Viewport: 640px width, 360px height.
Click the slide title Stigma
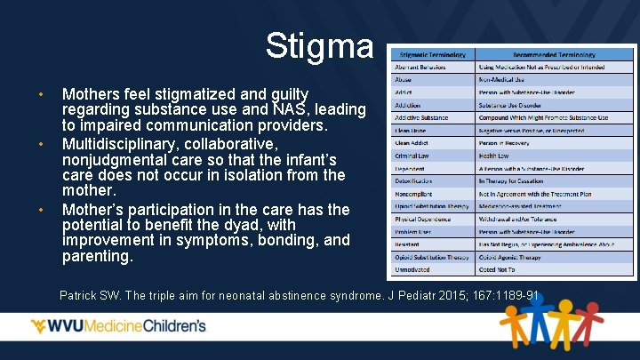pos(319,45)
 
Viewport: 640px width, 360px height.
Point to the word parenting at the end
pos(97,257)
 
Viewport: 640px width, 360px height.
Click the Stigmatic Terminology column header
pos(433,54)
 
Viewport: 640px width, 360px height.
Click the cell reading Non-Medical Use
pos(505,80)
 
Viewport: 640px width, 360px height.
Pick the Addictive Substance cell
pos(421,117)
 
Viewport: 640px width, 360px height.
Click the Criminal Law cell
pos(412,156)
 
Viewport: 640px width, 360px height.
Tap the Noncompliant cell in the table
pos(414,194)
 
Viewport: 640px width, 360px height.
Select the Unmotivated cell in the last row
pos(413,269)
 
